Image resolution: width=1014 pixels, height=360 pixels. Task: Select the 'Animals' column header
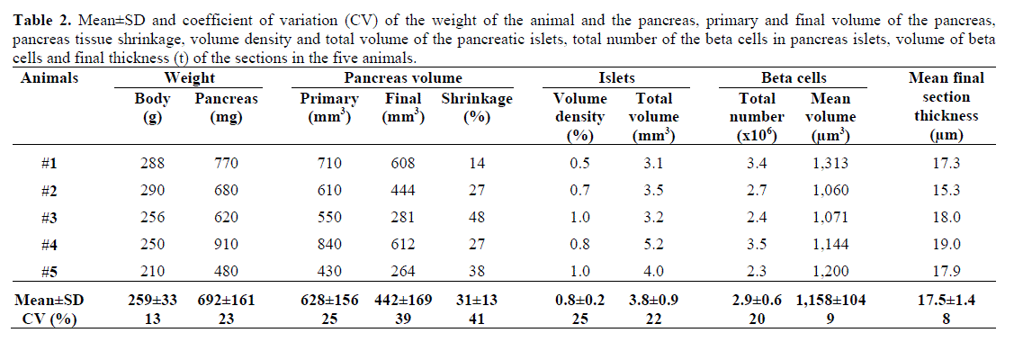[x=49, y=78]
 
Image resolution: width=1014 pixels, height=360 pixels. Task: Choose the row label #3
[x=50, y=217]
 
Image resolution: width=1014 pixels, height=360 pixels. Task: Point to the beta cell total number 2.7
[x=758, y=190]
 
